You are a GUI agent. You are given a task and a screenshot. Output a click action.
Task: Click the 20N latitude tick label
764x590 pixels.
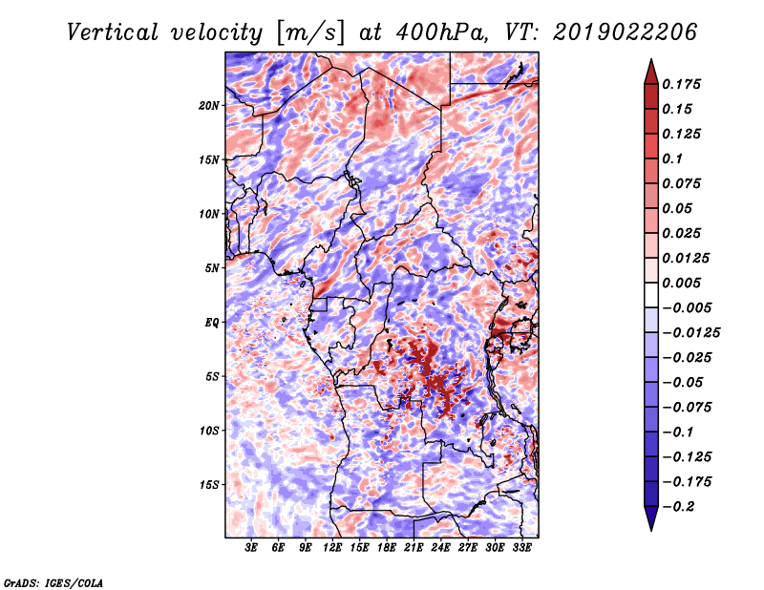pyautogui.click(x=209, y=105)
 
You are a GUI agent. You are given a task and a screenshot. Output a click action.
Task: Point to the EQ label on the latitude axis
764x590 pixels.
pyautogui.click(x=212, y=323)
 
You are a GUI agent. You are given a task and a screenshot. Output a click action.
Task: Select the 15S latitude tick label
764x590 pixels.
pyautogui.click(x=209, y=485)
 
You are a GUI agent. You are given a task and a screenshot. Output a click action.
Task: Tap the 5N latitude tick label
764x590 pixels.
pyautogui.click(x=212, y=268)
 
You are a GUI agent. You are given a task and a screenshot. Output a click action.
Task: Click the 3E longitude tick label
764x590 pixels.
pyautogui.click(x=252, y=548)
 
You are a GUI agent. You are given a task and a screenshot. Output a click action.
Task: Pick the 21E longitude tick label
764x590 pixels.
pyautogui.click(x=414, y=548)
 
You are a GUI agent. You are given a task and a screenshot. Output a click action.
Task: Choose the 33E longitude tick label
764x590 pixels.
pyautogui.click(x=521, y=548)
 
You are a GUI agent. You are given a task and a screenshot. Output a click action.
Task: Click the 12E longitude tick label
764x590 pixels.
pyautogui.click(x=332, y=548)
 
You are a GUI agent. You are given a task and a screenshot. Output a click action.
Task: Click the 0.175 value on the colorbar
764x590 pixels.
pyautogui.click(x=685, y=84)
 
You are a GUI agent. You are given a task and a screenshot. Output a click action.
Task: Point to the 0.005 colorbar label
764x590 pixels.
pyautogui.click(x=685, y=284)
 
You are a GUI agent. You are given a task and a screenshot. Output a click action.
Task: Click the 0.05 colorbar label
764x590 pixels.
pyautogui.click(x=679, y=208)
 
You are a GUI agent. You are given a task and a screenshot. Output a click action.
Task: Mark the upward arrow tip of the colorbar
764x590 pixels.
pyautogui.click(x=650, y=62)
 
